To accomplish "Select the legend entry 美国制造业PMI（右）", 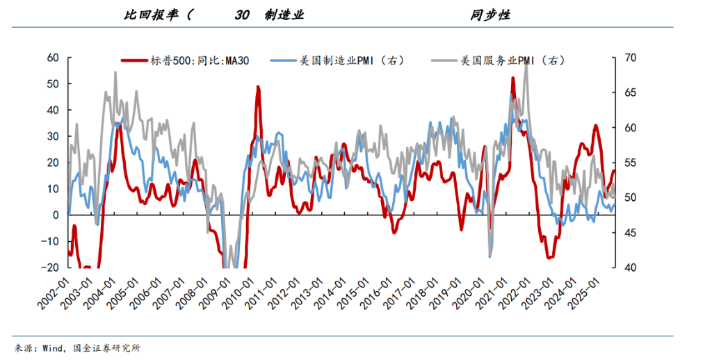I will pos(352,60).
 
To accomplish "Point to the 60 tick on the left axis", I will pos(52,58).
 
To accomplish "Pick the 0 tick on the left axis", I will pos(56,215).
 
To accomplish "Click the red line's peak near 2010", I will pos(258,88).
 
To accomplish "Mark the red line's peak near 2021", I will pos(513,78).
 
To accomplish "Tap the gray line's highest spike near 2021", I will pos(526,63).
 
